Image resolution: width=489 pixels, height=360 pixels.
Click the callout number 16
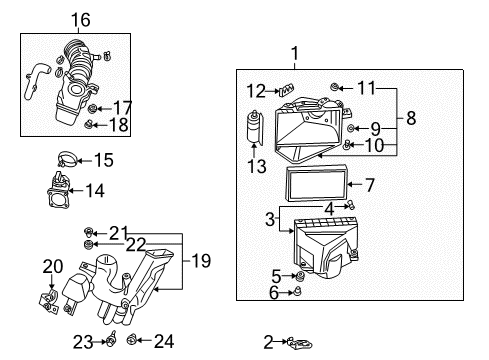point(80,18)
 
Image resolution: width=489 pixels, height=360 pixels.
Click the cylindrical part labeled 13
point(251,129)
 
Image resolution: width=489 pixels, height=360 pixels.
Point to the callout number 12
point(256,90)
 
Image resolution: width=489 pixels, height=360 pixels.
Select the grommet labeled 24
point(132,342)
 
